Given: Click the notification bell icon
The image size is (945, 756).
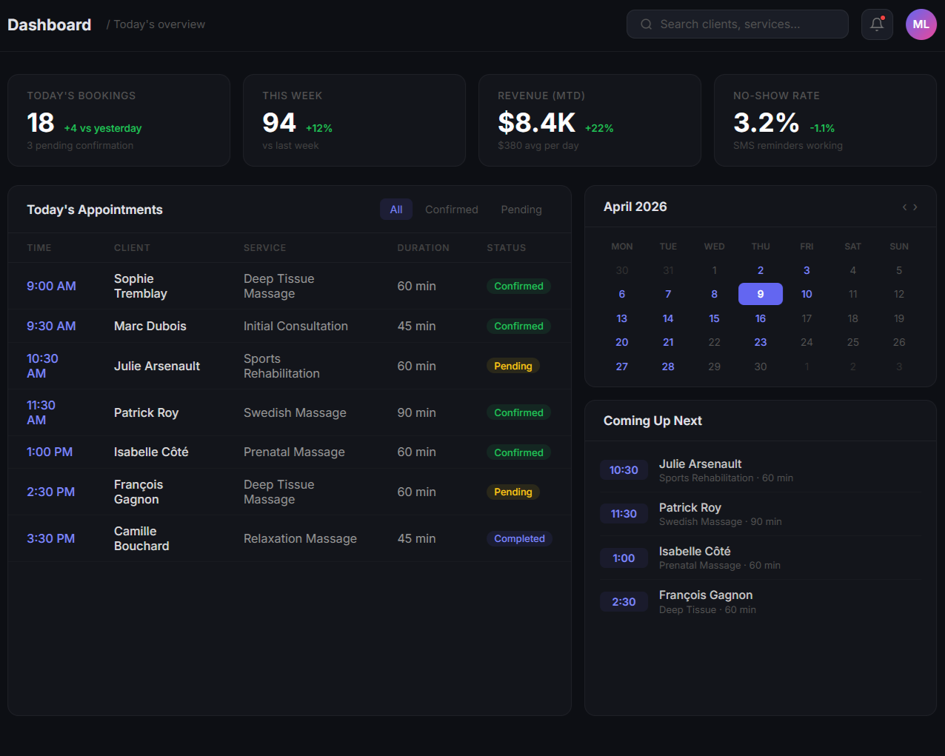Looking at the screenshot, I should [877, 24].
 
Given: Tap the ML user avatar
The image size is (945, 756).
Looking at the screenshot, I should [921, 24].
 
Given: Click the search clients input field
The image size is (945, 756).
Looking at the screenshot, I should [737, 24].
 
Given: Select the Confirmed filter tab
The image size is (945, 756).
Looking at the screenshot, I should [451, 210].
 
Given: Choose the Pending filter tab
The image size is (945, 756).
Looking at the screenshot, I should [521, 210].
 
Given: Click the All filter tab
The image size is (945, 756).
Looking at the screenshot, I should [396, 210].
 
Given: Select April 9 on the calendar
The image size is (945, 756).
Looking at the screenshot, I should [760, 294].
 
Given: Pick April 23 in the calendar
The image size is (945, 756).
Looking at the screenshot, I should [760, 342].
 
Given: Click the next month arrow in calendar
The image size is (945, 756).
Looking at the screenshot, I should [915, 207].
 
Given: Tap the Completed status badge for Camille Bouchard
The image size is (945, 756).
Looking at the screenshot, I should [519, 539].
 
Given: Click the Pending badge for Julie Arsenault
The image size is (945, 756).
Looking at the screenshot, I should [513, 366].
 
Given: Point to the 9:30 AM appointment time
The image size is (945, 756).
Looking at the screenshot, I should [51, 326].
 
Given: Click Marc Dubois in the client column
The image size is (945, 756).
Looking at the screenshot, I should [150, 326].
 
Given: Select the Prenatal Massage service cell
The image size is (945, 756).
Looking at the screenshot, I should [294, 452].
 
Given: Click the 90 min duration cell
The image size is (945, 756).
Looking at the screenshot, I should [416, 412].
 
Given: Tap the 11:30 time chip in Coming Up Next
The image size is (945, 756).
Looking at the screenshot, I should [624, 514].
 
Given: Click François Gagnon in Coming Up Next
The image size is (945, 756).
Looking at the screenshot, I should [705, 595].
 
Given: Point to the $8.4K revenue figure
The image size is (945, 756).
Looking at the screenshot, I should [536, 123].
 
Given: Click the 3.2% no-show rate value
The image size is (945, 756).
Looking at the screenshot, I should [766, 123].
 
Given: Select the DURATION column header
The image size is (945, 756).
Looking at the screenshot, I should [423, 248].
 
